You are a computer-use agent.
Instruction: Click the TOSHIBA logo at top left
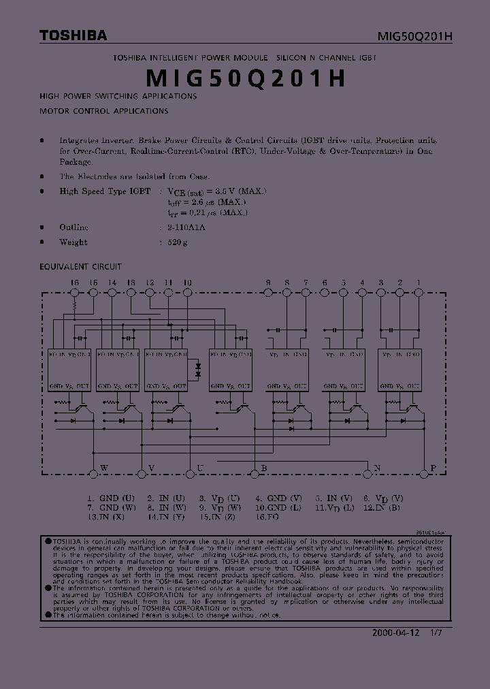click(x=72, y=35)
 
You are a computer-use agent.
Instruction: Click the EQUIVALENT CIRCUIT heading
click(x=81, y=267)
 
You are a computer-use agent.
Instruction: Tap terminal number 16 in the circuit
click(x=75, y=282)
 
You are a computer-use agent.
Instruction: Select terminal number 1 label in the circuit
click(x=419, y=282)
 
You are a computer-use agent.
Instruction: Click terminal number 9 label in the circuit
click(x=268, y=282)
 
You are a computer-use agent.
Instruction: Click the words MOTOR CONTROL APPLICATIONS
click(x=103, y=110)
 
